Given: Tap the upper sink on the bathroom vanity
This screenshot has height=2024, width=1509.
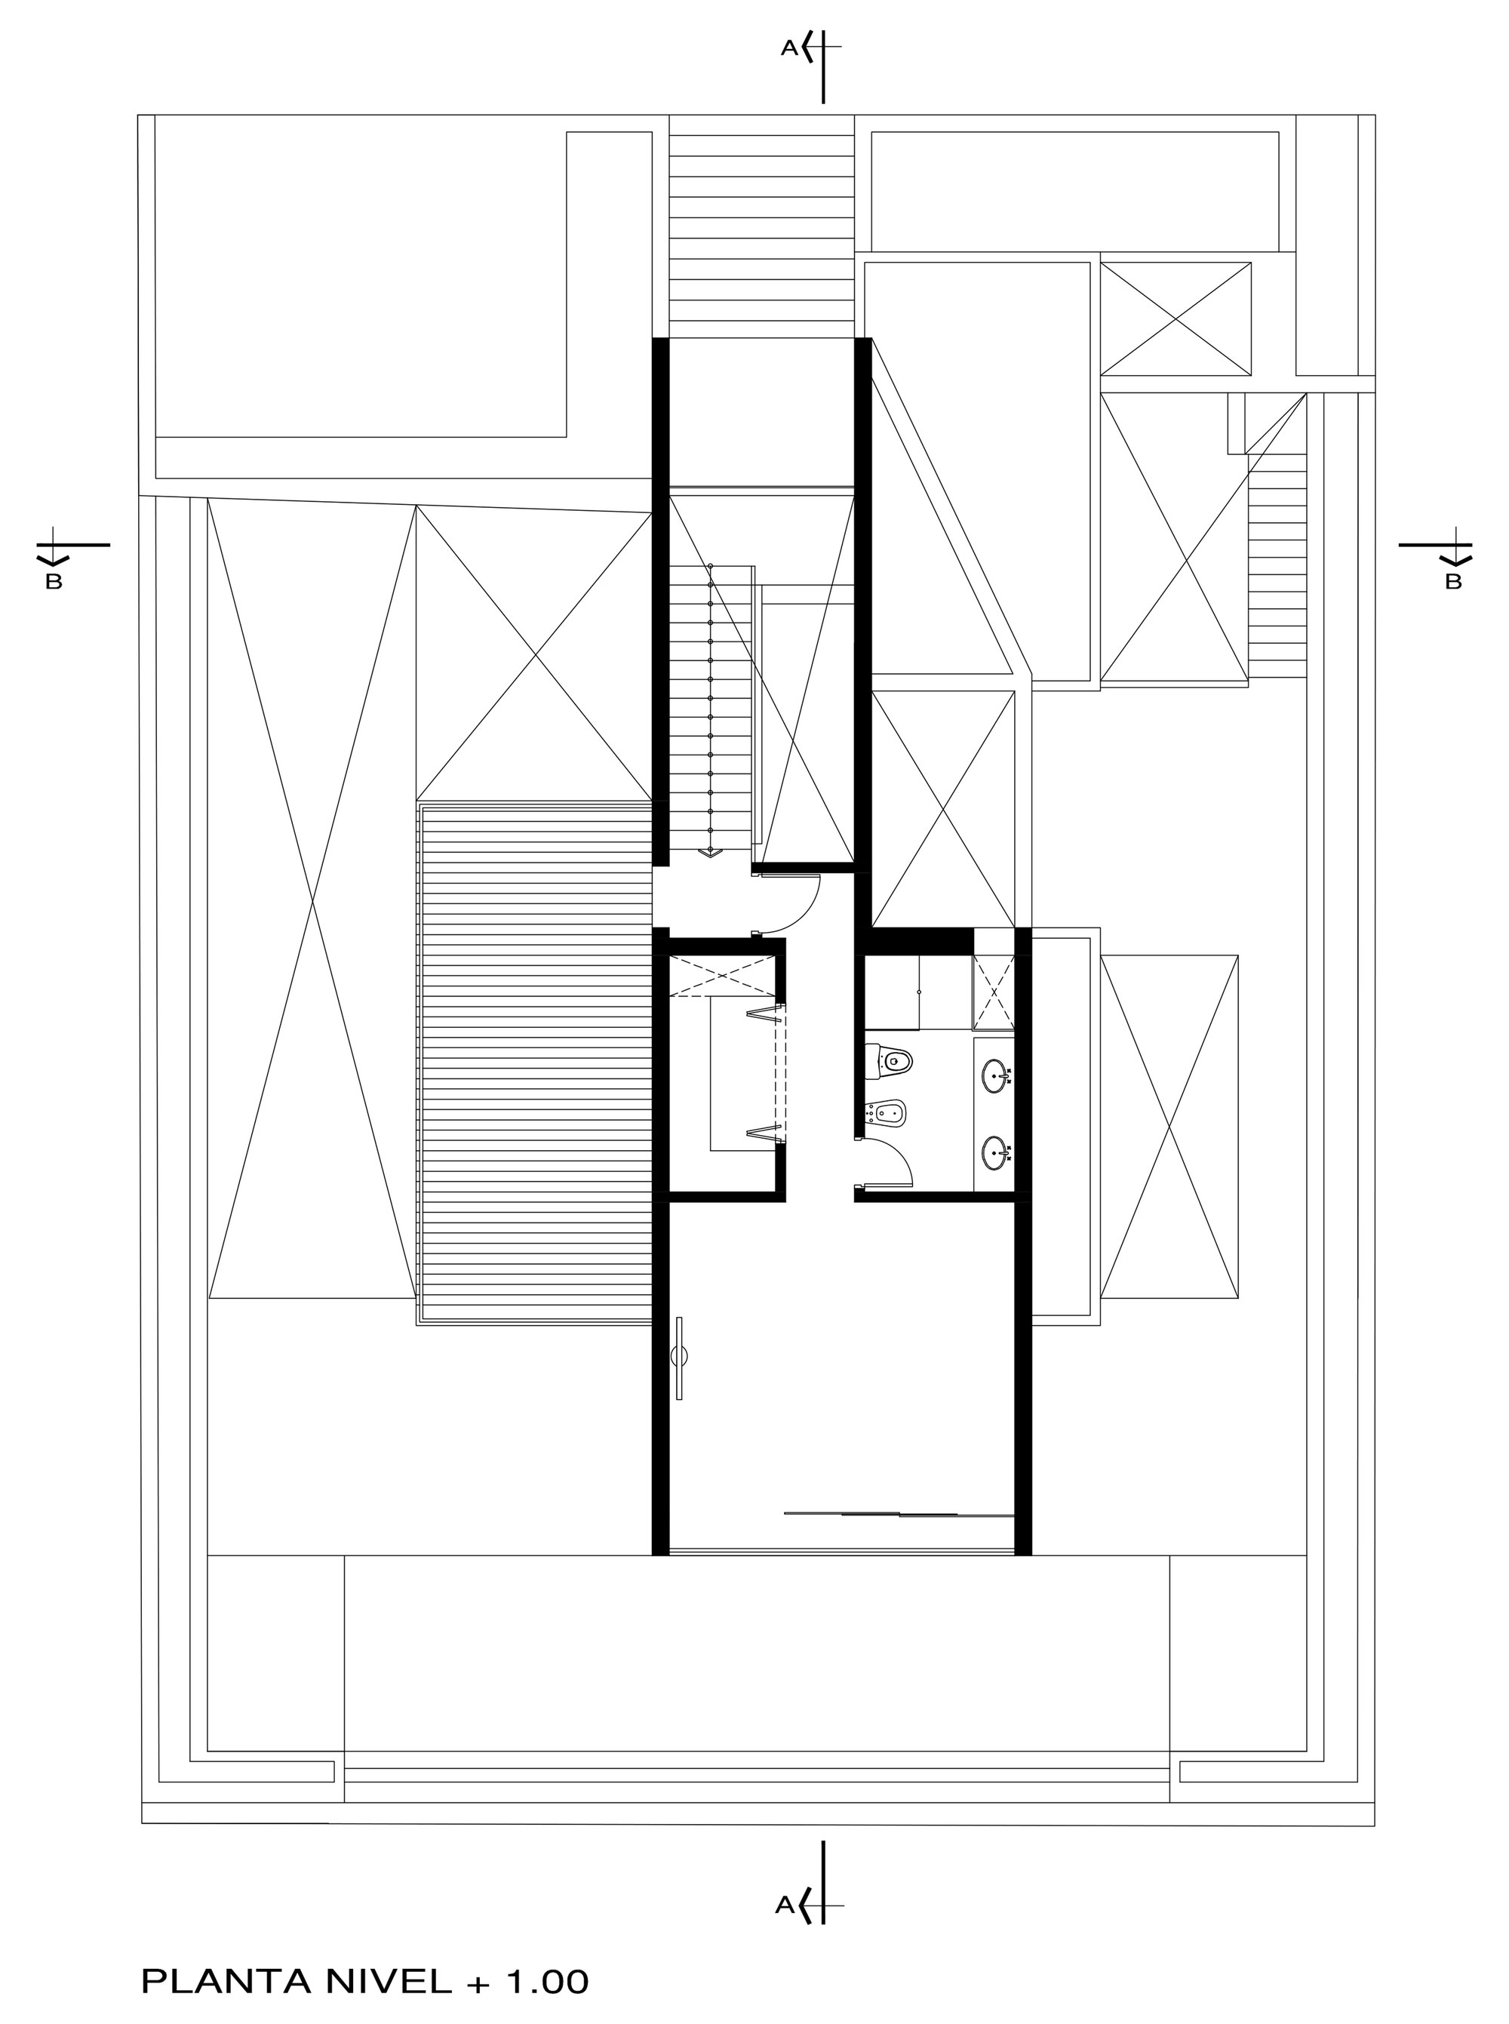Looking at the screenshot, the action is tap(998, 1076).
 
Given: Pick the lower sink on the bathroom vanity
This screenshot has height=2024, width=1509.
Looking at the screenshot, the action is tap(998, 1154).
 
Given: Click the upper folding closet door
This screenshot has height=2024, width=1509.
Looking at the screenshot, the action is tap(767, 1012).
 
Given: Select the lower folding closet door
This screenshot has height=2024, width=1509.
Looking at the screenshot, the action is tap(767, 1134).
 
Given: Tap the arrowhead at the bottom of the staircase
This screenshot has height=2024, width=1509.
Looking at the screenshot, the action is tap(711, 853).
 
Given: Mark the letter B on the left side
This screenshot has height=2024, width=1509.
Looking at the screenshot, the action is tap(53, 582).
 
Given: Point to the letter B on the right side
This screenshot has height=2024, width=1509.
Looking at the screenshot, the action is tap(1453, 581).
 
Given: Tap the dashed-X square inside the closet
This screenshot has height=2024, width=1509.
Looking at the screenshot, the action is tap(723, 977).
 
